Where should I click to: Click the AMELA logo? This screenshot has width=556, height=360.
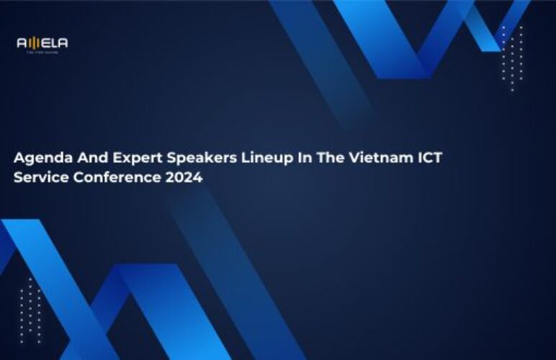point(42,43)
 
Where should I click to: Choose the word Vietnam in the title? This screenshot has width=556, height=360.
point(375,158)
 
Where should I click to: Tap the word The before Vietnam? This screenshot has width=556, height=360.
point(329,158)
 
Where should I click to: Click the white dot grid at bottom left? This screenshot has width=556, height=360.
point(30,310)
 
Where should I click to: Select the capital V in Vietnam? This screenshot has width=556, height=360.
point(351,158)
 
